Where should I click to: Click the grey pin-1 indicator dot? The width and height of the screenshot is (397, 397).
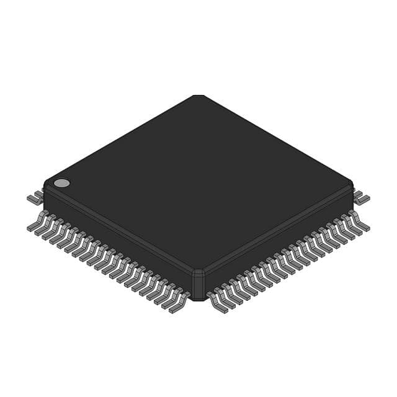point(61,183)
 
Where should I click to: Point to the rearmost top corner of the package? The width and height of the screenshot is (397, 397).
point(198,97)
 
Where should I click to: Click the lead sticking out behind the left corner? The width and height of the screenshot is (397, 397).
point(35,198)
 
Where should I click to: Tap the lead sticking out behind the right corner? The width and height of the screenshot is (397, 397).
point(362,198)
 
